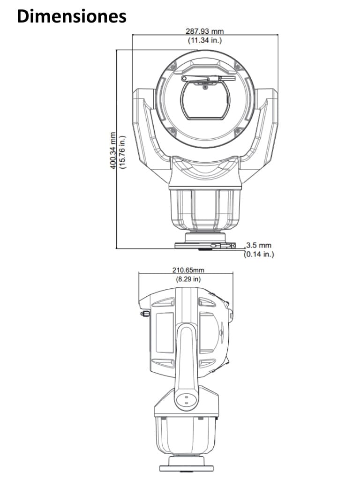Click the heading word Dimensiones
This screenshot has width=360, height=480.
coord(72,16)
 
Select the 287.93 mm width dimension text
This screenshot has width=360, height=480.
coord(205,31)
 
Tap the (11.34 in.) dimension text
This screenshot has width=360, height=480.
coord(205,40)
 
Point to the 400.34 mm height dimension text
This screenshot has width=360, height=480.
coord(113,150)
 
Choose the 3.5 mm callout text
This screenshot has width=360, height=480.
coord(259,245)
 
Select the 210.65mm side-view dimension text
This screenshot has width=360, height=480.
coord(188,270)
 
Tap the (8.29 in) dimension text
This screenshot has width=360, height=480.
coord(188,279)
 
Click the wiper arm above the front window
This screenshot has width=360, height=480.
coord(206,77)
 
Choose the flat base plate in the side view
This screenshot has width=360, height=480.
coord(186,468)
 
